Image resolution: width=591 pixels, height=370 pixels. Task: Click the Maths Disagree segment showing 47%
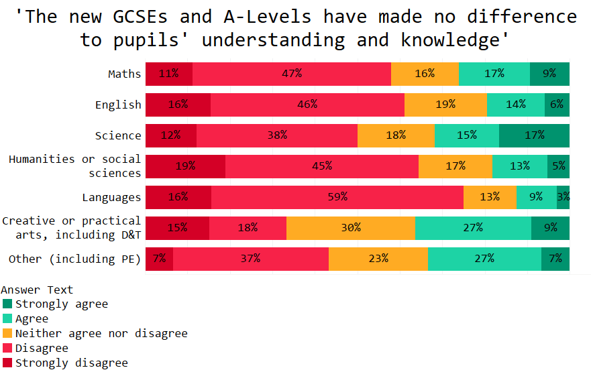click(292, 74)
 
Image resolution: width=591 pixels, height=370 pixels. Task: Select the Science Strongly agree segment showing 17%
click(534, 135)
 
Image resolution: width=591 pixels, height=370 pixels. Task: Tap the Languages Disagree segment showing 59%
click(337, 197)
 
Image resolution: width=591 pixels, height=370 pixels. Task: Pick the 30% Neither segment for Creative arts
click(350, 228)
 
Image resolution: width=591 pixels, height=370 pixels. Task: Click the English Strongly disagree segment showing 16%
click(178, 105)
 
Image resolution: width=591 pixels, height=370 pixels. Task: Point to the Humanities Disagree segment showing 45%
click(322, 166)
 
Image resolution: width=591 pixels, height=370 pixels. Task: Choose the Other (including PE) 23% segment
click(378, 259)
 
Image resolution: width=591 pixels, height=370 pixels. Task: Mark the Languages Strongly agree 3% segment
click(563, 197)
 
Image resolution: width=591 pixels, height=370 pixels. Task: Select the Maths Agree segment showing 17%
click(494, 74)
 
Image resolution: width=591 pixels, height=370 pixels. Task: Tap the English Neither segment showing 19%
click(445, 105)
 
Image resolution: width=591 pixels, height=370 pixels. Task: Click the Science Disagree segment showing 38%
click(277, 135)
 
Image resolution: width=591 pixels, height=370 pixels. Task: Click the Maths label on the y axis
click(125, 74)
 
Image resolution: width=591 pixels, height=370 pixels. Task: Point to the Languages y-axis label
click(111, 197)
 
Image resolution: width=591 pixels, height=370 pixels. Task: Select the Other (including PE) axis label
click(74, 259)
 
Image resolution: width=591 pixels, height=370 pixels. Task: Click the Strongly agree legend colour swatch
click(7, 304)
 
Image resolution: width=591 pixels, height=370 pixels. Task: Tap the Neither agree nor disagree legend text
click(101, 333)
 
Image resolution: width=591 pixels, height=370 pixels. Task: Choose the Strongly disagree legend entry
click(71, 363)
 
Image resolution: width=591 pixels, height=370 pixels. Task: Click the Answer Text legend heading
click(37, 290)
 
